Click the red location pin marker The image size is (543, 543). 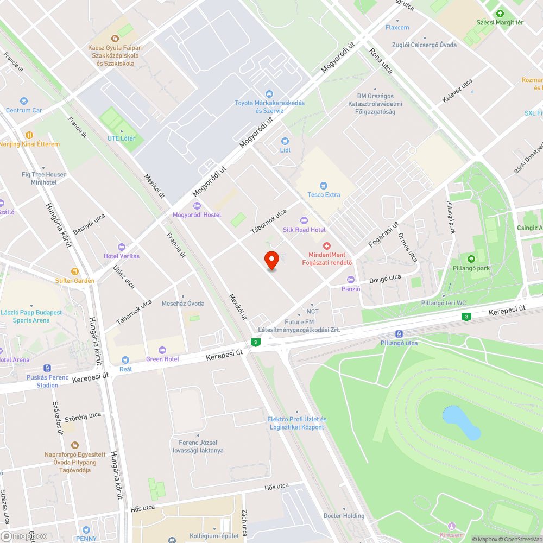click(x=271, y=261)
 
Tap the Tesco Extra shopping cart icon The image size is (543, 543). click(x=324, y=186)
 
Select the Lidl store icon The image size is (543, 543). click(x=285, y=141)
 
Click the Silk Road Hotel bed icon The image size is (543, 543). click(x=304, y=220)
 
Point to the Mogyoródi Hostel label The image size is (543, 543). click(x=197, y=215)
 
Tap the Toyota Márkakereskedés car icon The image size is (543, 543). click(x=269, y=94)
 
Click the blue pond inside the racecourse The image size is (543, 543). click(x=462, y=422)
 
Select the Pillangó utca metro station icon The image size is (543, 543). click(x=399, y=334)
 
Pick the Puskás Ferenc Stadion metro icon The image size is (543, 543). click(x=47, y=368)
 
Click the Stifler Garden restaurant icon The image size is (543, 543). click(x=74, y=271)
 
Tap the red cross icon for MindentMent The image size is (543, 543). click(x=327, y=246)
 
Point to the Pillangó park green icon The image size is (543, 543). click(x=471, y=259)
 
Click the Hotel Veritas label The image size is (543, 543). click(x=122, y=256)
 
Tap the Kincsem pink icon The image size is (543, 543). click(x=452, y=526)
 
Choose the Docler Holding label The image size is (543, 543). click(x=344, y=516)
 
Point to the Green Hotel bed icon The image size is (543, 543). click(x=162, y=350)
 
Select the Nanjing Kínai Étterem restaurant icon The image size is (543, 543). click(x=29, y=135)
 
